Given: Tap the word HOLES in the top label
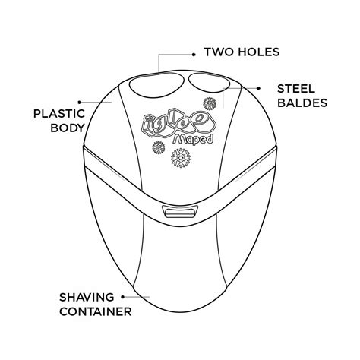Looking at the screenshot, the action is coord(259,52).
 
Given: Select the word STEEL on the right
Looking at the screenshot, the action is coord(296,89).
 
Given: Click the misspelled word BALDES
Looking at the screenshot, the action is coord(302,103).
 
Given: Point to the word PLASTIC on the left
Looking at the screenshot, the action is coord(59,114).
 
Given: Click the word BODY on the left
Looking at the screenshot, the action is coord(68,128).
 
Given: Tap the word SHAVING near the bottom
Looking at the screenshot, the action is coord(87,297).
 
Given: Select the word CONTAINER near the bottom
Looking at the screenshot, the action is coord(96,311).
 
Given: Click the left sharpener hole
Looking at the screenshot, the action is coord(156,85).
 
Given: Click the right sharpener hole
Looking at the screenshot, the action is coord(210,83).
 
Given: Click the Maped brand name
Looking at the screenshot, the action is coord(193,139).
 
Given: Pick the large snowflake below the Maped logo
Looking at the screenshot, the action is coord(181,158).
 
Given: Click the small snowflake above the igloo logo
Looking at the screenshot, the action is coord(210,103).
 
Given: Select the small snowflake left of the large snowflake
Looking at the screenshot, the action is coord(159,147).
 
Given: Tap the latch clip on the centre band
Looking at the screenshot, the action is coord(180,212).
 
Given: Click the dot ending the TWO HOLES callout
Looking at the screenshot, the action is coord(194,55).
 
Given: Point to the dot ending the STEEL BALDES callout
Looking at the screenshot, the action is coord(258,88).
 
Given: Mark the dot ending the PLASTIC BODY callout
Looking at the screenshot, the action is coord(80,103).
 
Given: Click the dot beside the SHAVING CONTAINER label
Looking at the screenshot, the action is coord(123,297).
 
